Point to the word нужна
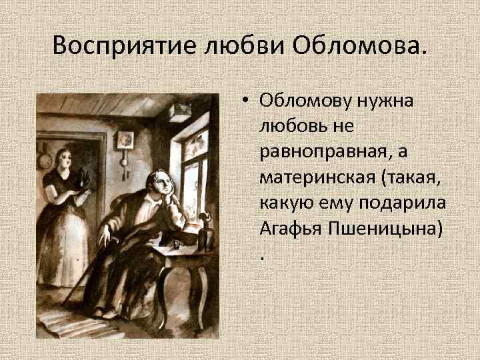pyautogui.click(x=389, y=101)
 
